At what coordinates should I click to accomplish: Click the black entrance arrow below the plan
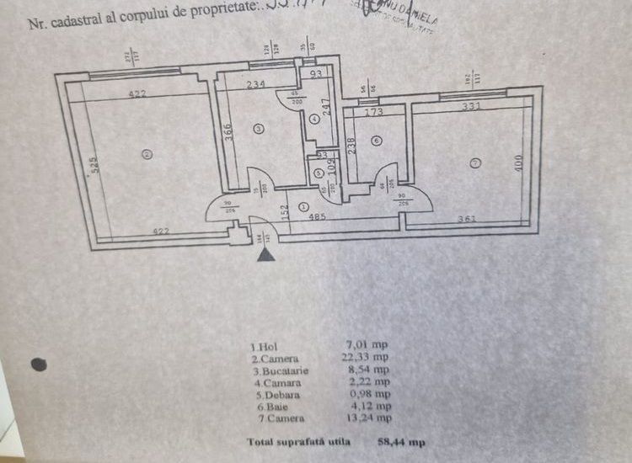pos(265,253)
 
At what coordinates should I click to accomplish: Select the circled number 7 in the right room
pos(476,162)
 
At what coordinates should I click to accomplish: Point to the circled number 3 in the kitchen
pos(258,128)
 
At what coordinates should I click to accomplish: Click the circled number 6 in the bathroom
pos(375,141)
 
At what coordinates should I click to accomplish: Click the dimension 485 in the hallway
pos(319,216)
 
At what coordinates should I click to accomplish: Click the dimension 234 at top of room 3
pos(258,84)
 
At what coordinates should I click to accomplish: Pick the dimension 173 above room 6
pos(374,110)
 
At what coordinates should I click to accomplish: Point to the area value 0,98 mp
pos(369,392)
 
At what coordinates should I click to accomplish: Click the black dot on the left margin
pos(38,365)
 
